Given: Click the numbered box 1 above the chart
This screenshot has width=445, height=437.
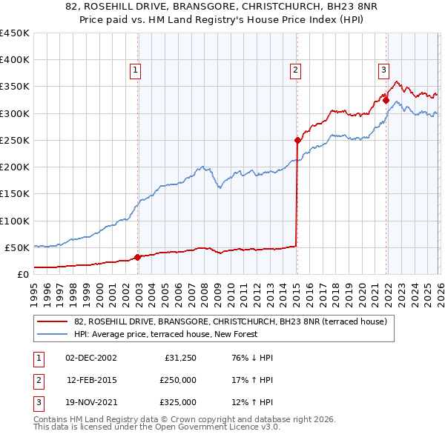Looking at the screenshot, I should pos(136,70).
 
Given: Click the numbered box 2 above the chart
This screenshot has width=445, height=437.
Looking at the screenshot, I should pos(295,70).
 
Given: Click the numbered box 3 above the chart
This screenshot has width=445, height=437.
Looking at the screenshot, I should pos(384,70).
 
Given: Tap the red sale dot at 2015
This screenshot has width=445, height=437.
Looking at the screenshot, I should pos(297,140).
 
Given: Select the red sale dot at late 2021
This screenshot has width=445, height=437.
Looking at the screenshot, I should pos(386,100).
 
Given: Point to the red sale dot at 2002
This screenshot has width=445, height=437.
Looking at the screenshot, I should pos(138,257).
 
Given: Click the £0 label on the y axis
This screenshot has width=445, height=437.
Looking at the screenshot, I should pos(22,274).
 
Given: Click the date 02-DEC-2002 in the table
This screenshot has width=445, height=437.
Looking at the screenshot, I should pos(90,358).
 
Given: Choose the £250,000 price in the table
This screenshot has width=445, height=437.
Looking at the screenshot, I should pos(178,380).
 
